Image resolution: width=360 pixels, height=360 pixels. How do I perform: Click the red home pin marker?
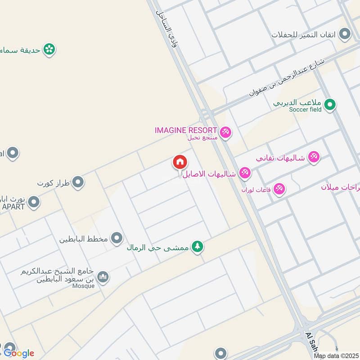(180, 162)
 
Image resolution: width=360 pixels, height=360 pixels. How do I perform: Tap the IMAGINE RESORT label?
(186, 130)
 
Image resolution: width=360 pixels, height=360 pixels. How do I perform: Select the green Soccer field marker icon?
(331, 105)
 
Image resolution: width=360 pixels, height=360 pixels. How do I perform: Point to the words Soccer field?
(306, 109)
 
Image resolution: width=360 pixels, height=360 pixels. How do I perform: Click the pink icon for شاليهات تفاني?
(314, 157)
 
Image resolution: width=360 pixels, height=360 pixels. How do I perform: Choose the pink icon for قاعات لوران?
(279, 189)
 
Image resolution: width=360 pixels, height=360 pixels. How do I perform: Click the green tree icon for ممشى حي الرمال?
(197, 247)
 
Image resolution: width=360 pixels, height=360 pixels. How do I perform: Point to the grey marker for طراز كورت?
(78, 183)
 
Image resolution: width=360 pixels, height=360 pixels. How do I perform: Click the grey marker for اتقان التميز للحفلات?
(345, 34)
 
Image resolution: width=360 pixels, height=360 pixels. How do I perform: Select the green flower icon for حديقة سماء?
(49, 49)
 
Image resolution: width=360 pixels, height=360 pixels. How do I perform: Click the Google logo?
(19, 353)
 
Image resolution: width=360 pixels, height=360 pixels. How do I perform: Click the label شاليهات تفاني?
(280, 158)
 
